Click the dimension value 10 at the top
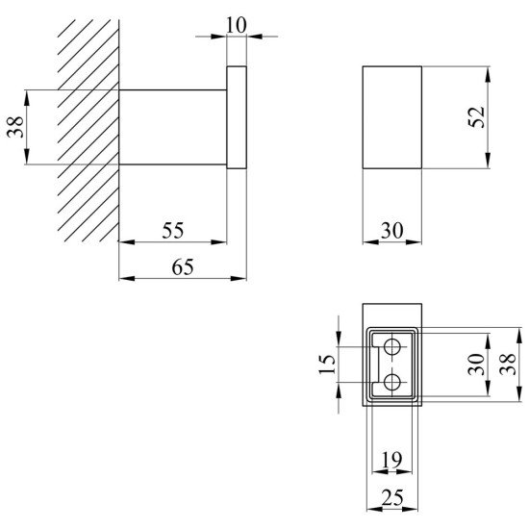pyautogui.click(x=237, y=25)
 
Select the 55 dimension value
pyautogui.click(x=173, y=231)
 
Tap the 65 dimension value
pyautogui.click(x=183, y=266)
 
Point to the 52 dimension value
pyautogui.click(x=476, y=117)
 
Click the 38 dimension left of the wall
pyautogui.click(x=15, y=127)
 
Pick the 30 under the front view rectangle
pyautogui.click(x=391, y=231)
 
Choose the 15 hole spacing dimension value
pyautogui.click(x=327, y=364)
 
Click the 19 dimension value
pyautogui.click(x=391, y=459)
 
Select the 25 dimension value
pyautogui.click(x=392, y=497)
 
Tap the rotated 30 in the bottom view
pyautogui.click(x=476, y=364)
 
